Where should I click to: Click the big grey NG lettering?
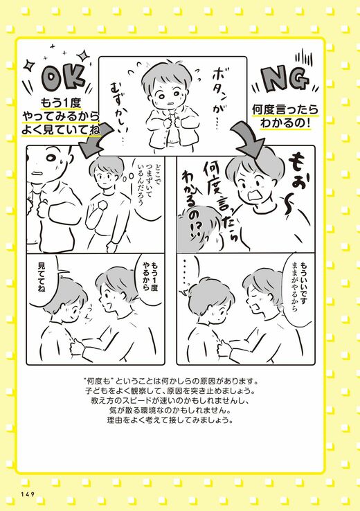[285, 80]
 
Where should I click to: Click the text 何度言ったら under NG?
[285, 109]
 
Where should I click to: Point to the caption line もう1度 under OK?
[60, 103]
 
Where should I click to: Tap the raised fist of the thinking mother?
[102, 206]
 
